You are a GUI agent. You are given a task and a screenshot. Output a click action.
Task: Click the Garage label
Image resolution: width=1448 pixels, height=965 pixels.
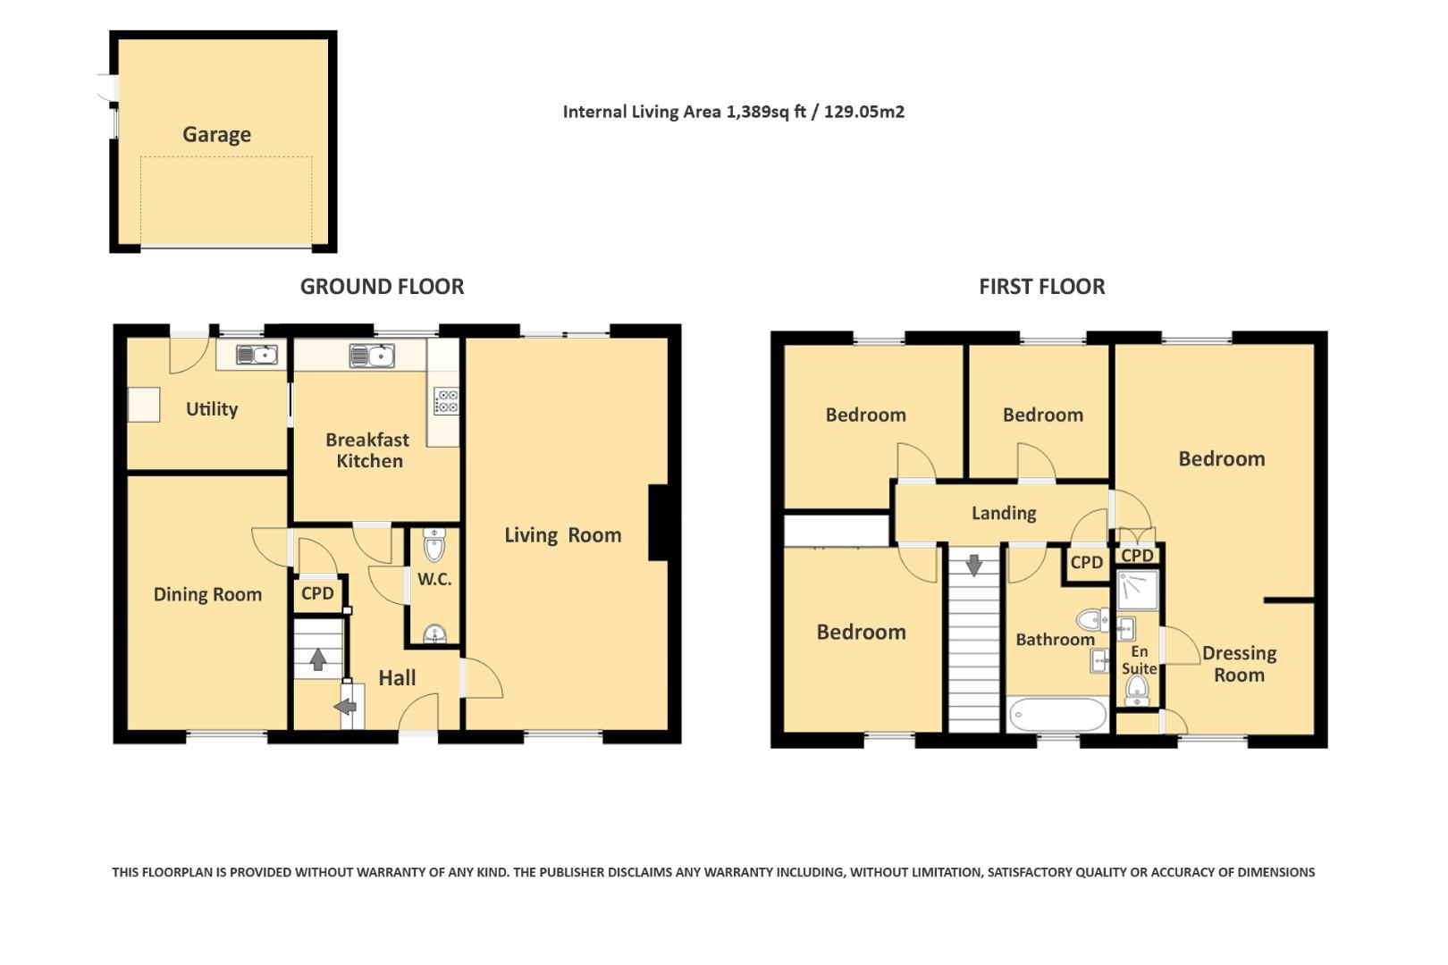coord(216,135)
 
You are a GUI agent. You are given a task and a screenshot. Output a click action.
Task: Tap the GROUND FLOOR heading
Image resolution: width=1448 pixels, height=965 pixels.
coord(382,287)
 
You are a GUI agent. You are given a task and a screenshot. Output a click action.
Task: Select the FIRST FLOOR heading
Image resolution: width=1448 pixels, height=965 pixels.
coord(1041,287)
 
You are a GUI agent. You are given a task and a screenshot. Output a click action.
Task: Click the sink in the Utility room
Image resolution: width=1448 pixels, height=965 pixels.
coord(256,356)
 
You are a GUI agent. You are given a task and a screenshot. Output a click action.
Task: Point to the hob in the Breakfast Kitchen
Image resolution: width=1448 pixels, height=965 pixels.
coord(446,402)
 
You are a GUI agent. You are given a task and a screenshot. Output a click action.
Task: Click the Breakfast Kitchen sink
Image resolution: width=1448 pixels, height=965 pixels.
coord(372,357)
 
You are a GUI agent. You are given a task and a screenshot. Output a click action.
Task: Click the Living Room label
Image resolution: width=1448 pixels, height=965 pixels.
coord(562,535)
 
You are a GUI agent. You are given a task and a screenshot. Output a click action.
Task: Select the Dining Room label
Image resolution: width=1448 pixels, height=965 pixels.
coord(207,595)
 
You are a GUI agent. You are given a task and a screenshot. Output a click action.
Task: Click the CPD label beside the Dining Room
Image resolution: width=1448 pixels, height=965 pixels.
coord(317,594)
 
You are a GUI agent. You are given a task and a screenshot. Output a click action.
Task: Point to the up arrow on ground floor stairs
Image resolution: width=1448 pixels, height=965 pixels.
coord(317,659)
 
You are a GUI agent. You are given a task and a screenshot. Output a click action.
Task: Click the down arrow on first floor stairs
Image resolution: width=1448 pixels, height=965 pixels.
coord(973,565)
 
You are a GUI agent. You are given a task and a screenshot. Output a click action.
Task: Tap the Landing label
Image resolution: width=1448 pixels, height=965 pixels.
coord(1004,514)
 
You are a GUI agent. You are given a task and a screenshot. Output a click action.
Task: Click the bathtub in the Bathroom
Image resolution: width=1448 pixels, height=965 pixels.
coord(1057,716)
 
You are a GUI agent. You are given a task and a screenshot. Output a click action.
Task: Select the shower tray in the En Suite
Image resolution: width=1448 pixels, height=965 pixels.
coord(1136,590)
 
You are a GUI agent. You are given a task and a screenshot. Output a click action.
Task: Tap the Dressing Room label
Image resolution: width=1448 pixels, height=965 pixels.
coord(1239,665)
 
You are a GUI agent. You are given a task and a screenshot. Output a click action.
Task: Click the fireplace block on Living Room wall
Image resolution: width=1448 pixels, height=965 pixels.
coord(658,523)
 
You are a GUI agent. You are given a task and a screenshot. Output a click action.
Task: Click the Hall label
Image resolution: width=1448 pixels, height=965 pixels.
coord(397,679)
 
